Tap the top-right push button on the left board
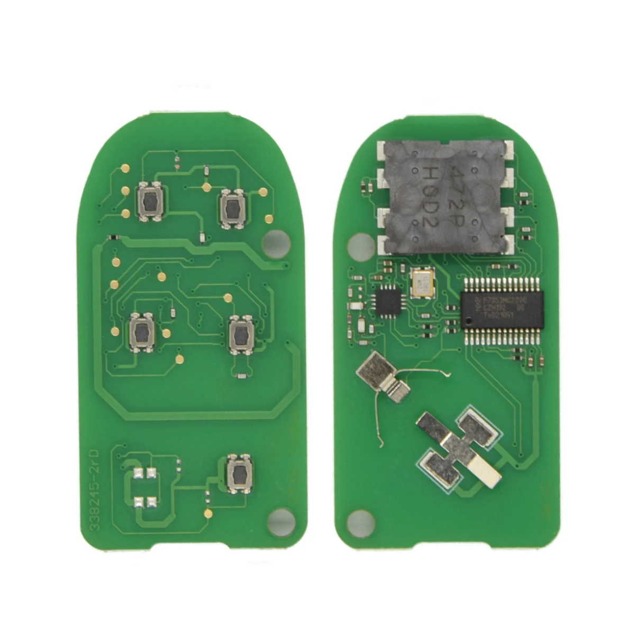[x=231, y=208]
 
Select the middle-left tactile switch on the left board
[x=142, y=333]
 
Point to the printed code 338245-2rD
[x=100, y=487]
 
